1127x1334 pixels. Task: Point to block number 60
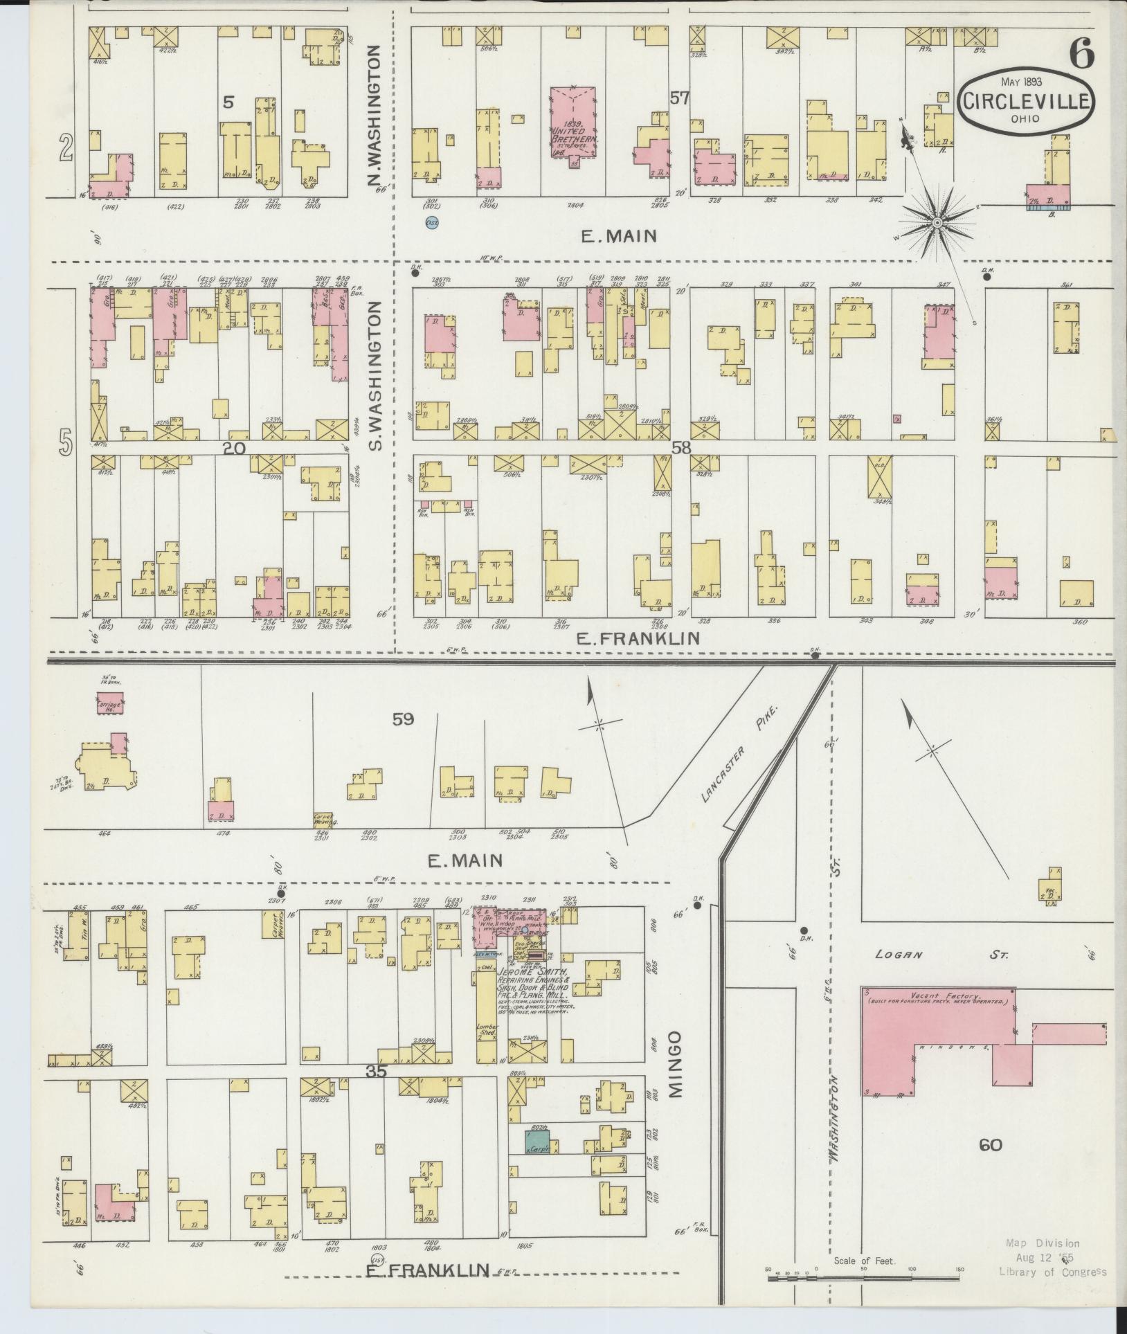tap(991, 1144)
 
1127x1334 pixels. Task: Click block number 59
tap(403, 719)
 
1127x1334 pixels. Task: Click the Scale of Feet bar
tap(863, 1277)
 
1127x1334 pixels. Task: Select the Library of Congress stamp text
tap(1052, 1271)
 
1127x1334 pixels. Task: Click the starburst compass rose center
tap(936, 222)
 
